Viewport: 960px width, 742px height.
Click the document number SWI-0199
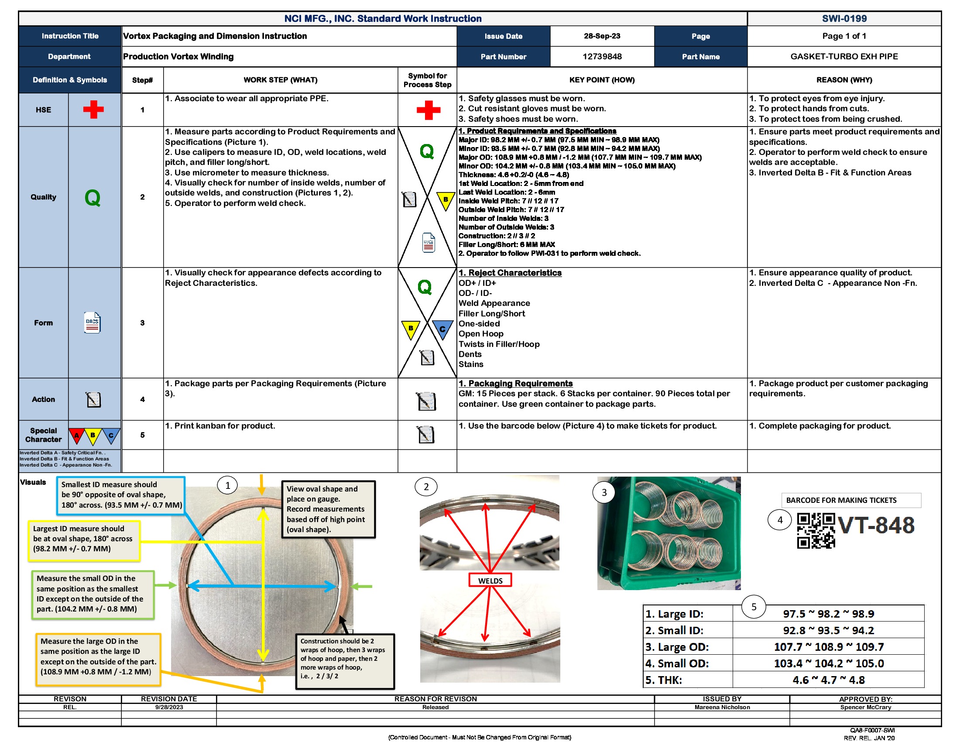pyautogui.click(x=843, y=18)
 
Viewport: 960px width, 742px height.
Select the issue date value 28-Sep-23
pyautogui.click(x=601, y=36)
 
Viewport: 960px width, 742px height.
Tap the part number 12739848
pyautogui.click(x=601, y=56)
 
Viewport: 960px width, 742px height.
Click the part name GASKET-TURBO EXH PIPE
pyautogui.click(x=843, y=56)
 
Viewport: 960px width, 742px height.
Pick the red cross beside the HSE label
pyautogui.click(x=93, y=110)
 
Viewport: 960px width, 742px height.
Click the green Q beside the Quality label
pyautogui.click(x=93, y=197)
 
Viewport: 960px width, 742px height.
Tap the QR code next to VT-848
pyautogui.click(x=816, y=530)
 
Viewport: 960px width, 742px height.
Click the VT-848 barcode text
pyautogui.click(x=876, y=525)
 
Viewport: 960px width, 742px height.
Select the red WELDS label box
pyautogui.click(x=490, y=580)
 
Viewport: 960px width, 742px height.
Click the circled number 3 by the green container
pyautogui.click(x=603, y=492)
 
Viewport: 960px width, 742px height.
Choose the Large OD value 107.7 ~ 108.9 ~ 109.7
pyautogui.click(x=828, y=646)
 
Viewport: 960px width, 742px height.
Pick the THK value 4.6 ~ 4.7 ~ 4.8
pyautogui.click(x=828, y=680)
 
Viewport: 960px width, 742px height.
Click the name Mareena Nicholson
pyautogui.click(x=722, y=707)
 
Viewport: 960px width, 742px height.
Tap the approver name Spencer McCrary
pyautogui.click(x=865, y=707)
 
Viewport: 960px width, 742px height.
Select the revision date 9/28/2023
pyautogui.click(x=169, y=707)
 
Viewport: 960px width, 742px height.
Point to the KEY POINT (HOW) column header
pyautogui.click(x=601, y=80)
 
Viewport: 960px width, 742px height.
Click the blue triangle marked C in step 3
pyautogui.click(x=442, y=329)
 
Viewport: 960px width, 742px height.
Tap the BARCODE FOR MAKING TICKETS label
pyautogui.click(x=841, y=500)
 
